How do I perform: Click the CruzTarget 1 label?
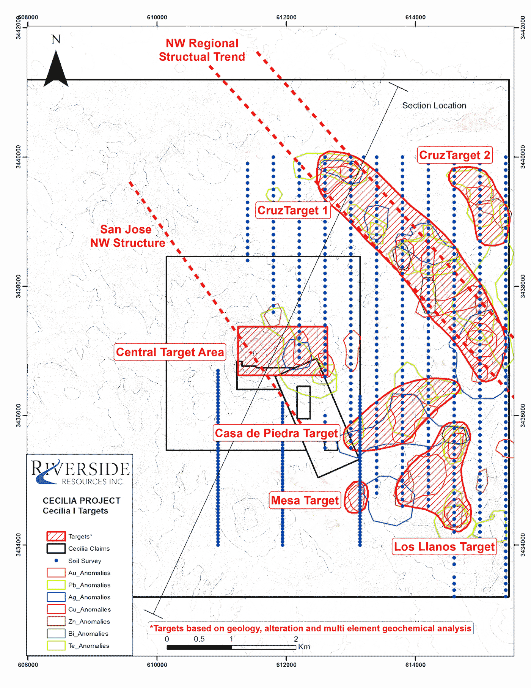(292, 210)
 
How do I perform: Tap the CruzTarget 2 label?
(454, 155)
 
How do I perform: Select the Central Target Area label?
(170, 352)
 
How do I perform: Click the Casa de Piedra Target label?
(276, 433)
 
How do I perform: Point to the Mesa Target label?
(305, 501)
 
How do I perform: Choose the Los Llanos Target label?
(444, 546)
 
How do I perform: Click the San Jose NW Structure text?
(127, 236)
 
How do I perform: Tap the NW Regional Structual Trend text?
(202, 50)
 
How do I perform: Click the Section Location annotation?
(434, 105)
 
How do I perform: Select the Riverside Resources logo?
(80, 472)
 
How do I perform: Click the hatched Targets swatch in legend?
(56, 536)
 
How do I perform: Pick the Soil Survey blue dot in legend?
(56, 560)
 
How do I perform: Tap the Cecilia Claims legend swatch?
(56, 548)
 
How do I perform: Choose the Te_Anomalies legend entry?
(89, 645)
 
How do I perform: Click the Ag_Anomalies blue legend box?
(56, 597)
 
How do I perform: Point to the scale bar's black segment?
(199, 647)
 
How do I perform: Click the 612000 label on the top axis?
(286, 17)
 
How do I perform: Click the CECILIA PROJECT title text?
(82, 501)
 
